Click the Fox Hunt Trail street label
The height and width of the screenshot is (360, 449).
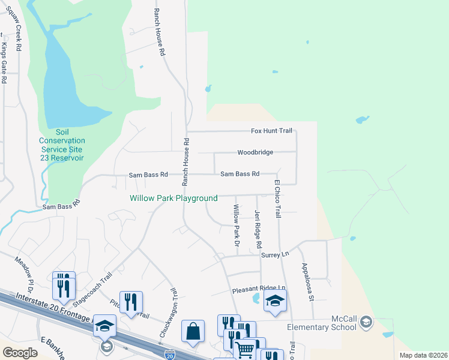click(x=271, y=131)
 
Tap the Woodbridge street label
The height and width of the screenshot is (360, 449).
click(x=255, y=152)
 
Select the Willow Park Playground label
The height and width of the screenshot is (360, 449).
click(x=173, y=198)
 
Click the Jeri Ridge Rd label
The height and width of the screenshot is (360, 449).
click(x=258, y=229)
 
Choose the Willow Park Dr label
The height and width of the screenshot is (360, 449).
click(x=237, y=226)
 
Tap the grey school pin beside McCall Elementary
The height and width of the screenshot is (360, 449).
click(x=366, y=323)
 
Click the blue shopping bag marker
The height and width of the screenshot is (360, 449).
click(x=193, y=331)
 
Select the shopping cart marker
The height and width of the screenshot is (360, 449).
click(x=245, y=348)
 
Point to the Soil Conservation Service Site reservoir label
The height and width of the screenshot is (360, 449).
click(x=62, y=145)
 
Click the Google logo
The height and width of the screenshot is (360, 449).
click(x=20, y=353)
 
